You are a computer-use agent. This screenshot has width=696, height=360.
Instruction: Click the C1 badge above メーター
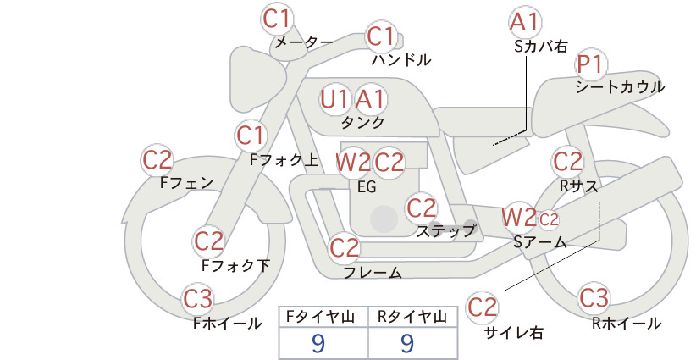click(277, 19)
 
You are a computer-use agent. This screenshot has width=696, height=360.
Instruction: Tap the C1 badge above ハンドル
click(381, 36)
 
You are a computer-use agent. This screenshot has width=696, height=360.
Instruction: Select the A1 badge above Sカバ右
click(525, 22)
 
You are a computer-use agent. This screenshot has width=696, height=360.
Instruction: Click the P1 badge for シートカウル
click(591, 64)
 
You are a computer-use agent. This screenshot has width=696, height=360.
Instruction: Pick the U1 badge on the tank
click(335, 99)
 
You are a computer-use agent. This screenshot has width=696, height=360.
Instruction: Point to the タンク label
click(362, 122)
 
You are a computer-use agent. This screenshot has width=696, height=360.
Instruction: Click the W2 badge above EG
click(352, 163)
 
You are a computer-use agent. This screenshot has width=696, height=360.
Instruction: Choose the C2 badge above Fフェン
click(157, 160)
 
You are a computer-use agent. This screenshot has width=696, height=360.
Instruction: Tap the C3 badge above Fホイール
click(197, 299)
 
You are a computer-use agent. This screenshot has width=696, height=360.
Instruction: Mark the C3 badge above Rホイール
click(594, 298)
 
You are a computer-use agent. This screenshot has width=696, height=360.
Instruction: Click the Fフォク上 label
click(284, 160)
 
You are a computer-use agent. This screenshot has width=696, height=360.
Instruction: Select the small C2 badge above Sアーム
click(549, 219)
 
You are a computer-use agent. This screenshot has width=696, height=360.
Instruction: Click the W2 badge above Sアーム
click(519, 218)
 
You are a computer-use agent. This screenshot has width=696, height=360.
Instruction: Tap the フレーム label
click(373, 272)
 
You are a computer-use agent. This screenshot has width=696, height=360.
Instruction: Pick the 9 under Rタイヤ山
click(407, 343)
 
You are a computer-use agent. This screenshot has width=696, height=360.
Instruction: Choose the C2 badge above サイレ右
click(482, 307)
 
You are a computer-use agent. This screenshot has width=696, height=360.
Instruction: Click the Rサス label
click(578, 186)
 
